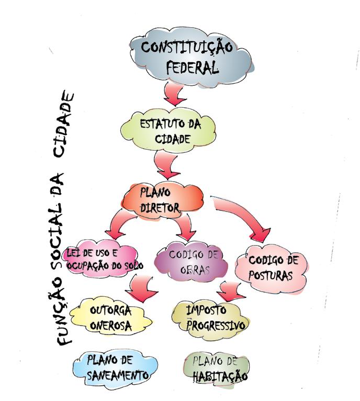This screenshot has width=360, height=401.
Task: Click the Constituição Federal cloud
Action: [192, 56]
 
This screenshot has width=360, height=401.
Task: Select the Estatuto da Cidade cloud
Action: [168, 130]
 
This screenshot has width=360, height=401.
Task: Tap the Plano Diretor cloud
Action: [163, 201]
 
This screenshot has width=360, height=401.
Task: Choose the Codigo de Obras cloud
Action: [192, 261]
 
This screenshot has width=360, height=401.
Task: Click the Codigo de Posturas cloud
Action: [272, 269]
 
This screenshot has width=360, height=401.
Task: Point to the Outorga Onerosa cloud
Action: [110, 317]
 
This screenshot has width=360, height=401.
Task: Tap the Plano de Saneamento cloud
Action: [115, 369]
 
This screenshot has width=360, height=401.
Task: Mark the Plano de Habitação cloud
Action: [217, 370]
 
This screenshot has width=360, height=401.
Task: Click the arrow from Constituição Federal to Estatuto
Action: [174, 95]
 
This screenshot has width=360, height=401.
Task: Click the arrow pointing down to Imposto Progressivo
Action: [231, 292]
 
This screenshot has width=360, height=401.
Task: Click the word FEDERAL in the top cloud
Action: [192, 68]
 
